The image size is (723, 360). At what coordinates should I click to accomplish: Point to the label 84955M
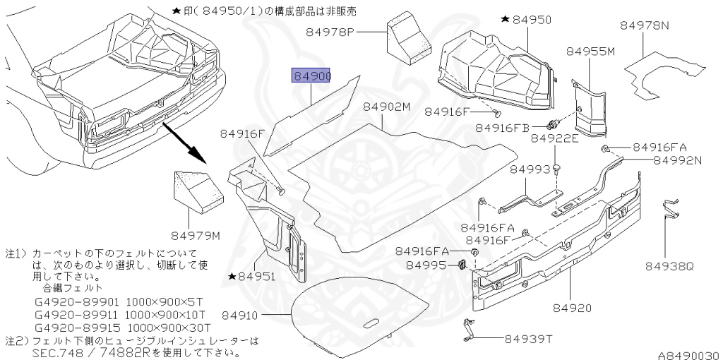coord(590,51)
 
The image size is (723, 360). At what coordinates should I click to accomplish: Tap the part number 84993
coord(530,169)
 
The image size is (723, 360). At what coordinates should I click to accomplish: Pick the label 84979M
coord(195,234)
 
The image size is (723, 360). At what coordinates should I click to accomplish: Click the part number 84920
coord(572,308)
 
